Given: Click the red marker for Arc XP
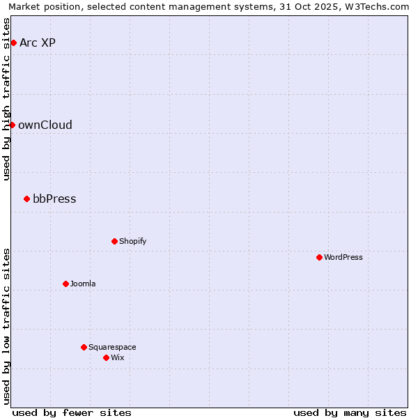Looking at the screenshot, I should point(13,43).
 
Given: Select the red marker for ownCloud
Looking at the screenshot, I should point(12,125).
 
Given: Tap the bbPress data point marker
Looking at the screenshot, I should point(26,199).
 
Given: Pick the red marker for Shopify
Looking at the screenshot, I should point(114,241).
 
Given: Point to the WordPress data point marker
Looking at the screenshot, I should point(319,257).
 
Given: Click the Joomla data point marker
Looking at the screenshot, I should point(65,284).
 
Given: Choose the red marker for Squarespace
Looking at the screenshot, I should point(84,347).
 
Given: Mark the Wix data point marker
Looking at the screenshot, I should point(106,357).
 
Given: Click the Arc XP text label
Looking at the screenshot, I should point(38,43).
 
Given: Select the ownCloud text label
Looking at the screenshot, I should point(45,125).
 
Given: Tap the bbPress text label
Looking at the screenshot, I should point(54,199).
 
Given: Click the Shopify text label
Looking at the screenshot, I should point(132,241).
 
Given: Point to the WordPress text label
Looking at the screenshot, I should point(343,257).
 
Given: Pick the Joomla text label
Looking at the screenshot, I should point(83,284).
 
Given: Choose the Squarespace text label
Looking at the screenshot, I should point(112,347).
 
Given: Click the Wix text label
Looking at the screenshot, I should point(118,357).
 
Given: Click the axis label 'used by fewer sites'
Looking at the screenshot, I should point(72,412).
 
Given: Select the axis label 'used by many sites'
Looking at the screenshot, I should point(350,412).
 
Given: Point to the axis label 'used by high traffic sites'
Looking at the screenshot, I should point(7,99).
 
